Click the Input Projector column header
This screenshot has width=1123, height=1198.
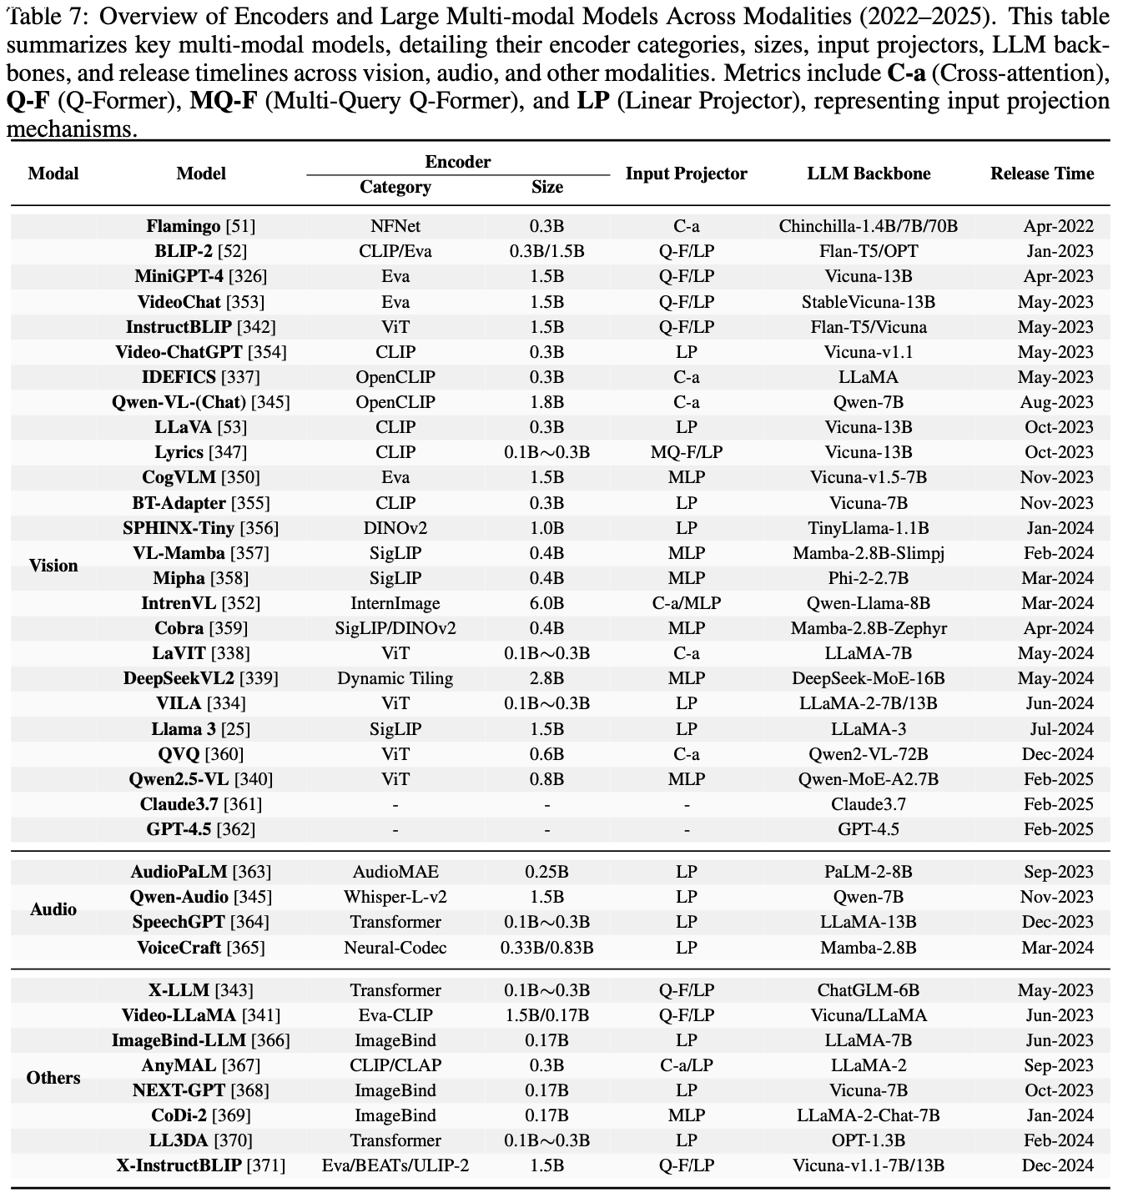[x=686, y=174]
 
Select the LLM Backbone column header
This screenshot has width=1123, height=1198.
[x=868, y=174]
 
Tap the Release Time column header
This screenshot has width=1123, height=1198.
[x=1041, y=174]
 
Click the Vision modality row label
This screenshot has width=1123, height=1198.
[x=53, y=566]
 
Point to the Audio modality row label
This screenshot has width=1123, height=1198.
[x=53, y=909]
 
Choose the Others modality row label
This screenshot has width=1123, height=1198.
[x=53, y=1078]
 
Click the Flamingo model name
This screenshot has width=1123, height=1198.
[x=184, y=226]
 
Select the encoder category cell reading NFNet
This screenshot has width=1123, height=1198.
[x=395, y=226]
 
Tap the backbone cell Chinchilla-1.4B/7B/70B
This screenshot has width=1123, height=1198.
[x=868, y=226]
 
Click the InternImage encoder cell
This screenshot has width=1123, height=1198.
[x=395, y=603]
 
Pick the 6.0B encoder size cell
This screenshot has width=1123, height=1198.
[x=546, y=603]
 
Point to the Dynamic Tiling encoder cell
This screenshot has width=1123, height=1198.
[x=395, y=678]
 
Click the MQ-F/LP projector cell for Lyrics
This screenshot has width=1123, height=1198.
[x=686, y=452]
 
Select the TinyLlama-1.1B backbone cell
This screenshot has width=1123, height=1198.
[x=868, y=528]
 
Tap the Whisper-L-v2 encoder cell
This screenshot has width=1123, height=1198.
[x=395, y=897]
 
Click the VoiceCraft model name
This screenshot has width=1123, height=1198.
[x=179, y=948]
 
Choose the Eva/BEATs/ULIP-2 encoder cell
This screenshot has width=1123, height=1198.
[x=395, y=1165]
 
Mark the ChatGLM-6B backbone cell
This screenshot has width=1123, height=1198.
[x=868, y=990]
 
